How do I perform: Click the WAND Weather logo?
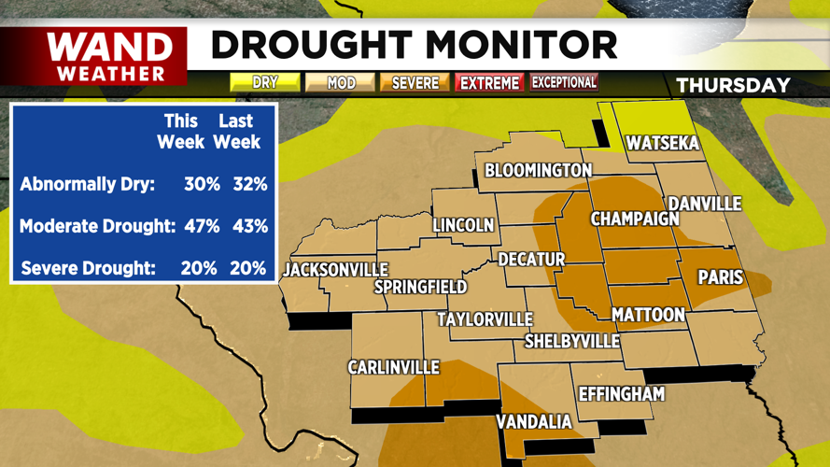[x=109, y=55]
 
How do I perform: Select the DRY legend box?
[x=265, y=83]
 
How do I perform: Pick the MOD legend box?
[x=341, y=83]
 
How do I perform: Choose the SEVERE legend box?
[x=415, y=83]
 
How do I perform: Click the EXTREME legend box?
[x=489, y=83]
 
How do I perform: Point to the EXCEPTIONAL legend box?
[x=564, y=82]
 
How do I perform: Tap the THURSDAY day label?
[x=733, y=85]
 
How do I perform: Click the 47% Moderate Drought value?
[x=202, y=226]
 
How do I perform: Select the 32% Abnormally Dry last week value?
[x=249, y=184]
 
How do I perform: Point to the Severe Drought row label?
[x=88, y=268]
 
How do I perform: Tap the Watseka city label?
[x=663, y=144]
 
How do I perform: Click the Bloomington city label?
[x=538, y=170]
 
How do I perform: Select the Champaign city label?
[x=635, y=219]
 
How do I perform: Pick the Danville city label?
[x=705, y=204]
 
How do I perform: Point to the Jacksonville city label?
[x=335, y=270]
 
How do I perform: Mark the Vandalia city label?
[x=534, y=422]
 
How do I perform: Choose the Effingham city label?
[x=622, y=393]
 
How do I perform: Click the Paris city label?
[x=721, y=277]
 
